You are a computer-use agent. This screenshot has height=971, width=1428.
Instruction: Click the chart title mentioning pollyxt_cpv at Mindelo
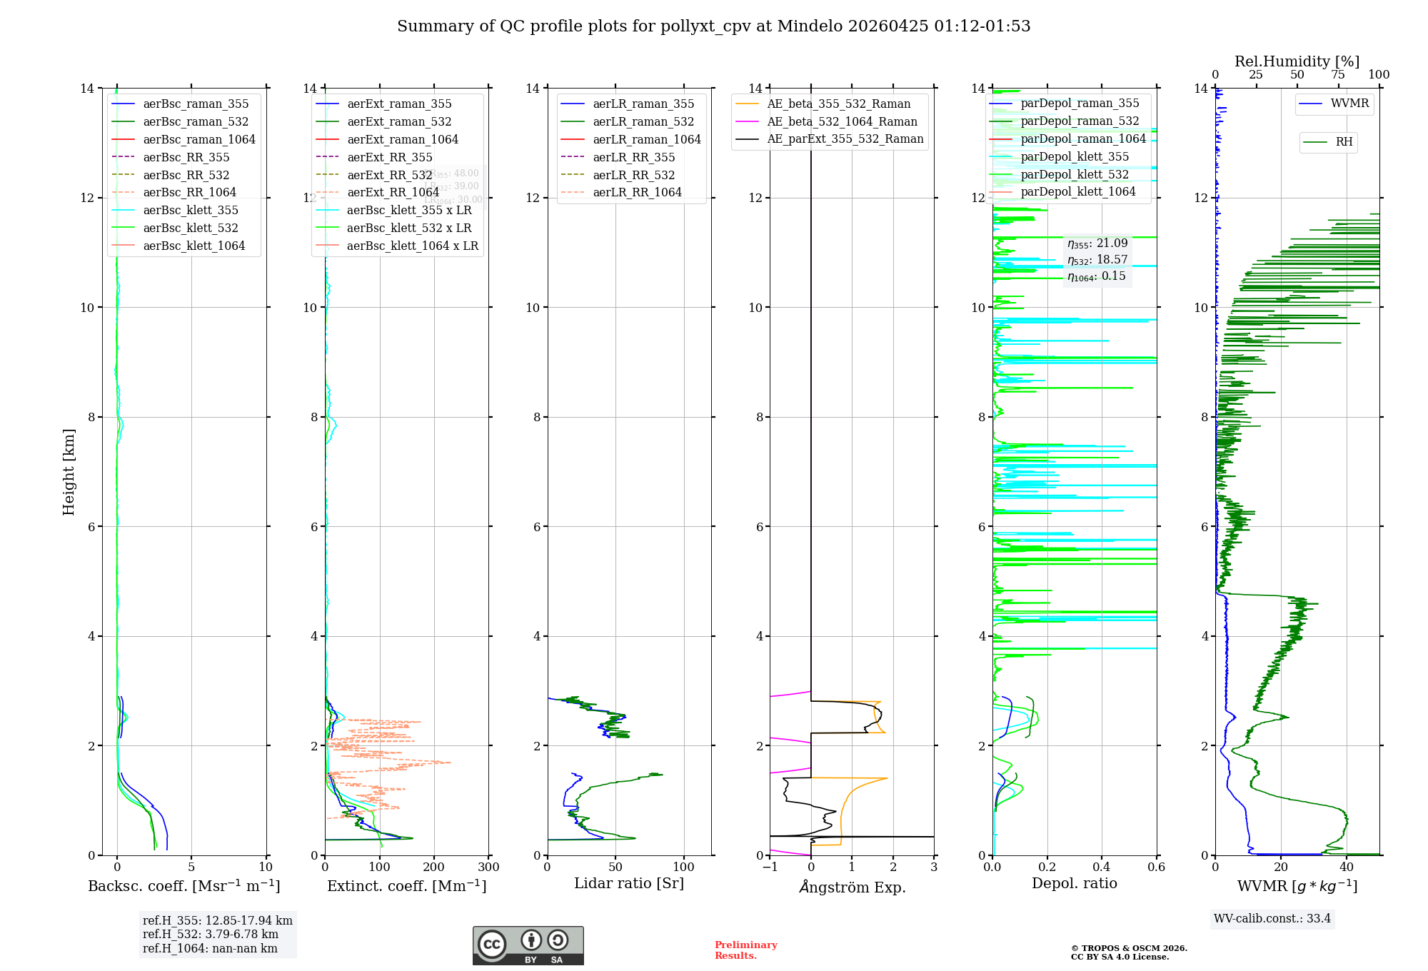[713, 26]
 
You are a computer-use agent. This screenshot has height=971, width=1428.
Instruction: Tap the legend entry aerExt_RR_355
[390, 157]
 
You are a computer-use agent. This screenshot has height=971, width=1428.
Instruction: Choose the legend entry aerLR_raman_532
[643, 121]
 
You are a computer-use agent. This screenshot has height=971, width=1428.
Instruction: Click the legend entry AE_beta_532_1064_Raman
[842, 121]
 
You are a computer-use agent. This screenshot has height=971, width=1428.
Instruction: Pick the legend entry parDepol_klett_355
[1075, 156]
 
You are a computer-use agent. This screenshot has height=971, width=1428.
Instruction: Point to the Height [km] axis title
[69, 471]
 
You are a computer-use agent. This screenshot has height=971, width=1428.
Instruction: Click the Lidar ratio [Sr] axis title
[629, 883]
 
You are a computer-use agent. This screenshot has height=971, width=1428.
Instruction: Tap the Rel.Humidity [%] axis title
[1297, 61]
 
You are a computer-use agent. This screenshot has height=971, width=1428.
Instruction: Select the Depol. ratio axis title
[1074, 883]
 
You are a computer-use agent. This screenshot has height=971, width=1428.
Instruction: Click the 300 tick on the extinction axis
[489, 867]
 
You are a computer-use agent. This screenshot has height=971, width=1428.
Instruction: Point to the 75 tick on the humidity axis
[1338, 75]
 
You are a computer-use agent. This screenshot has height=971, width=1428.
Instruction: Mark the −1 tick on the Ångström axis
[770, 867]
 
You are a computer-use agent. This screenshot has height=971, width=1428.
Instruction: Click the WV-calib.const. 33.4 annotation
[1272, 918]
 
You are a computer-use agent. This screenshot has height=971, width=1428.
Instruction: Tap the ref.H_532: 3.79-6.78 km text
[211, 934]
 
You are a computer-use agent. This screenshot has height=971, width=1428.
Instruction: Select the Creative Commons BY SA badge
[528, 945]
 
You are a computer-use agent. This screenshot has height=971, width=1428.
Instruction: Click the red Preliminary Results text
[745, 950]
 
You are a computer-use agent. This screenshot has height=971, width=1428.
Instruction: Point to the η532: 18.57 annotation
[1097, 260]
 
